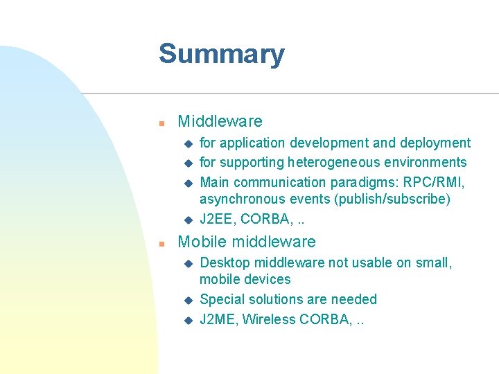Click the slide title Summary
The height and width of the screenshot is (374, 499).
(221, 54)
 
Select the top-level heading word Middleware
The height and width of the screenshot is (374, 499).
(220, 121)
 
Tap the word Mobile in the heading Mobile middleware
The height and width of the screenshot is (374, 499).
(202, 242)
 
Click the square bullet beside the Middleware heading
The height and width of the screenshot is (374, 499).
(160, 123)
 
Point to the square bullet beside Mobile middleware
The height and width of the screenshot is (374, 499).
(160, 243)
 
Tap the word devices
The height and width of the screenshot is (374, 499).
(267, 280)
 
